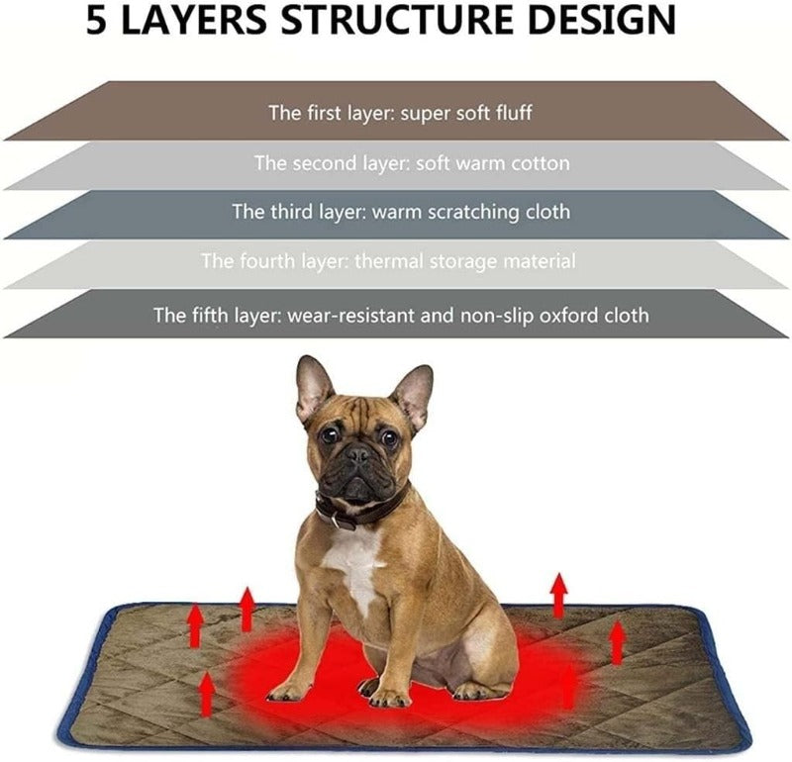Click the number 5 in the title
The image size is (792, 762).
point(99,21)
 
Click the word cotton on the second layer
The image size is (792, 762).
point(540,163)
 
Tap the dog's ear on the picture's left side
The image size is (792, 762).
point(314,388)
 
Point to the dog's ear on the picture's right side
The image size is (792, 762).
point(412,393)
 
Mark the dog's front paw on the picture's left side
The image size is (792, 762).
point(289,690)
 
